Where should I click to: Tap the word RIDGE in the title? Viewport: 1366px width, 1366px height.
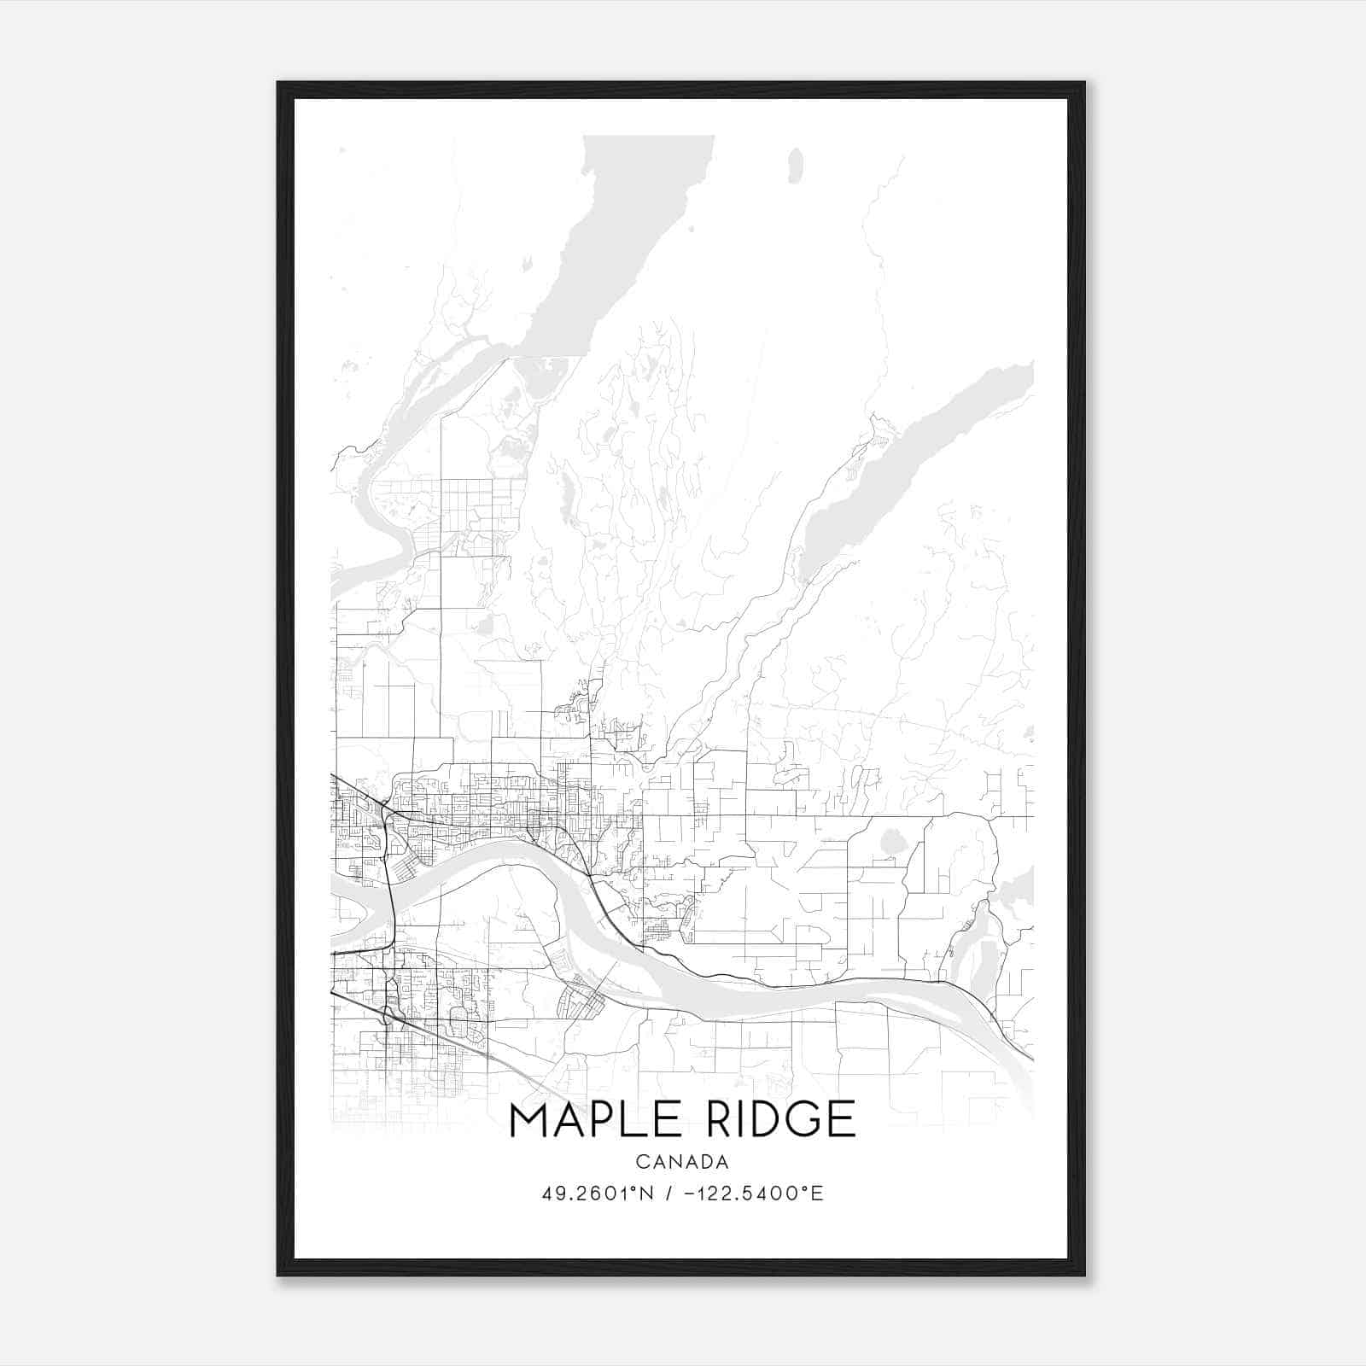coord(775,1119)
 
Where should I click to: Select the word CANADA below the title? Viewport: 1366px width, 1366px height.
coord(682,1162)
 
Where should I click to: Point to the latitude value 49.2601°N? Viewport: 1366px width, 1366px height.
coord(597,1194)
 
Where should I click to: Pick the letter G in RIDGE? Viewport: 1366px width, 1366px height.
coord(800,1119)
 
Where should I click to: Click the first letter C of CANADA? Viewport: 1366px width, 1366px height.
coord(641,1162)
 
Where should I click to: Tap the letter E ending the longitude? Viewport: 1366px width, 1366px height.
coord(818,1194)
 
